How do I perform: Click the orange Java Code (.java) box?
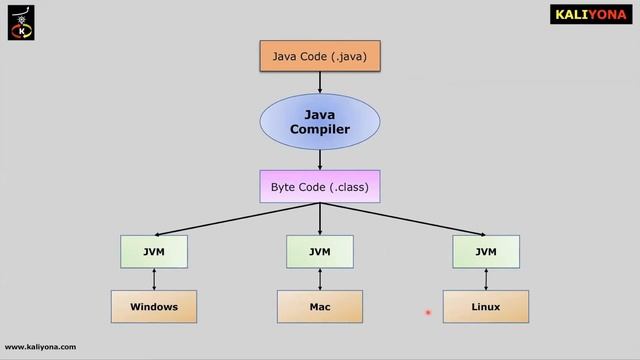point(319,57)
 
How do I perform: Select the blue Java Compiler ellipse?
point(319,122)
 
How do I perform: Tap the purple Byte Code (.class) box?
point(319,187)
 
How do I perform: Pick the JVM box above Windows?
point(153,252)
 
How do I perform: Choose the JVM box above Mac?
point(319,252)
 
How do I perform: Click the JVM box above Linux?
point(486,252)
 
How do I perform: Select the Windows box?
point(153,306)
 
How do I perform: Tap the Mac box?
point(319,306)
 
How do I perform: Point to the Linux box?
point(486,306)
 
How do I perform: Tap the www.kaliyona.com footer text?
point(40,347)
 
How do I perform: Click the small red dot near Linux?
point(427,313)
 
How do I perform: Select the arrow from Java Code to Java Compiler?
point(319,82)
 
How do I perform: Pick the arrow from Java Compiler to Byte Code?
point(319,158)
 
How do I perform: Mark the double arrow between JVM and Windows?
point(153,279)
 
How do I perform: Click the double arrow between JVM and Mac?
point(319,279)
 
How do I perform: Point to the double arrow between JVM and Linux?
point(486,279)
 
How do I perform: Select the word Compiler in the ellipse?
point(319,130)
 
